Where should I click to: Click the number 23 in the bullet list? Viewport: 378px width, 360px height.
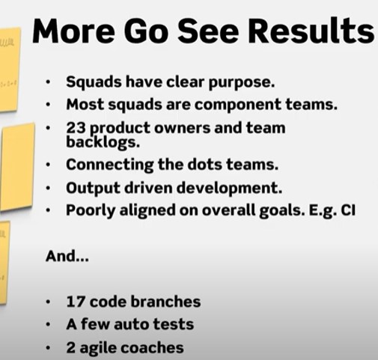[x=76, y=128]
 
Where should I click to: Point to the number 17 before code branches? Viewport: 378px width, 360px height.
[x=75, y=302]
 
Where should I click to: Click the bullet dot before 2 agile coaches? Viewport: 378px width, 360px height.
[x=49, y=349]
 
